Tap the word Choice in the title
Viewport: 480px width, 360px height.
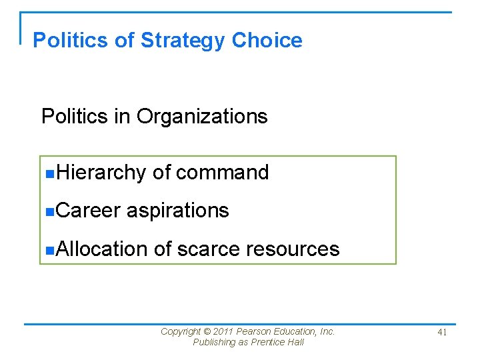click(x=267, y=41)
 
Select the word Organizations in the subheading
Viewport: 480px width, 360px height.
click(x=202, y=117)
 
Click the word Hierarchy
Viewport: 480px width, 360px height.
click(x=101, y=173)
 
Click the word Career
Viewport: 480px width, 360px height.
click(x=88, y=211)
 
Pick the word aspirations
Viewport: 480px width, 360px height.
click(x=177, y=211)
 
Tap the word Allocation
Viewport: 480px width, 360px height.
click(x=101, y=249)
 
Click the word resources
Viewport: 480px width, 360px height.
click(x=293, y=249)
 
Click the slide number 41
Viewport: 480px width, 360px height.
click(x=442, y=333)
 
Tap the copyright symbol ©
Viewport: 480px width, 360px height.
click(x=207, y=331)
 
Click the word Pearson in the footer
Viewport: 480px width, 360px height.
click(x=254, y=331)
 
